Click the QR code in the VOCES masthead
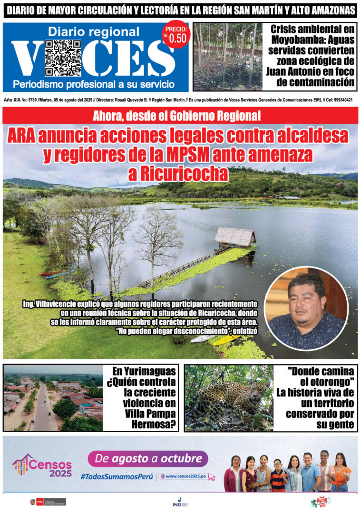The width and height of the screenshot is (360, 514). point(63,58)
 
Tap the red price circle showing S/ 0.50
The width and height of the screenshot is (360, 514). point(175,35)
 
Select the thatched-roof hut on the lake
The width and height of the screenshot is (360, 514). point(234,236)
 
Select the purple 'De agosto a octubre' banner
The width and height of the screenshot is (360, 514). point(147,459)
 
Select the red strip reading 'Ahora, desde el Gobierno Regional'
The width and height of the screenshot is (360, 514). point(180,115)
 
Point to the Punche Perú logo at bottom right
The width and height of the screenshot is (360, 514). point(321,503)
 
